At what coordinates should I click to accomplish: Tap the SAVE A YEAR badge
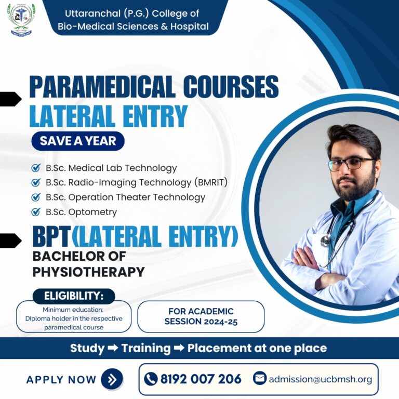(x=78, y=140)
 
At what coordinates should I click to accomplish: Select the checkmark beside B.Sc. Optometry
(x=36, y=211)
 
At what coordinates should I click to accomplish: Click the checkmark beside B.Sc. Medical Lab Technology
(x=36, y=168)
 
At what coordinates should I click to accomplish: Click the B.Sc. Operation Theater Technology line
(x=125, y=197)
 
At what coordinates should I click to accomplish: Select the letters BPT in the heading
(x=51, y=237)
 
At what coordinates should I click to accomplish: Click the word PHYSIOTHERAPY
(x=88, y=272)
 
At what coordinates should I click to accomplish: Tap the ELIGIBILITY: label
(x=73, y=296)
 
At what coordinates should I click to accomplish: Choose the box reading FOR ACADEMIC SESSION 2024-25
(x=201, y=316)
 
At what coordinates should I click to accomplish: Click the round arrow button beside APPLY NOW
(x=112, y=379)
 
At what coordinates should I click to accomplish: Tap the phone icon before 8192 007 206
(x=151, y=379)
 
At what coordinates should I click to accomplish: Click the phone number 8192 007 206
(x=201, y=379)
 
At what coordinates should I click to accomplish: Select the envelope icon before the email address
(x=260, y=378)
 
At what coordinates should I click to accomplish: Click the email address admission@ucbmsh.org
(x=320, y=379)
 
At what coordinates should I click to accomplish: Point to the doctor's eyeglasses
(x=350, y=163)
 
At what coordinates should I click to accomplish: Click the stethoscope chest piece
(x=326, y=241)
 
